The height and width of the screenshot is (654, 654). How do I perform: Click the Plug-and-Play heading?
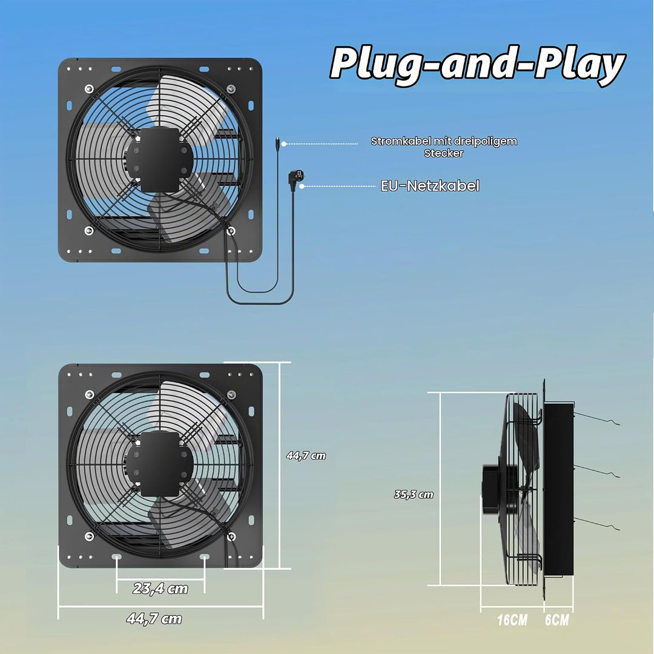click(x=477, y=65)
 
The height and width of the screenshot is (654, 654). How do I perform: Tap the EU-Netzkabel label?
click(x=430, y=186)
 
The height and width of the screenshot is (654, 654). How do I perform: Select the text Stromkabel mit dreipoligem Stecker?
click(x=444, y=147)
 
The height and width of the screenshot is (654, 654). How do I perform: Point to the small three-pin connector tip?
click(x=277, y=144)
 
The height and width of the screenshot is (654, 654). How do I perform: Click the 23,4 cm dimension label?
click(x=160, y=589)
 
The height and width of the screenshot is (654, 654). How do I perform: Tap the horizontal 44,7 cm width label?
click(x=154, y=618)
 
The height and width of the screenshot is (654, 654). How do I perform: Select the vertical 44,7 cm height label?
click(x=306, y=455)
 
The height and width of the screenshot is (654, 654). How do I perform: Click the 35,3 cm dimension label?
click(x=414, y=494)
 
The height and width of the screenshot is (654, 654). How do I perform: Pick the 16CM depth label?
click(x=512, y=620)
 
